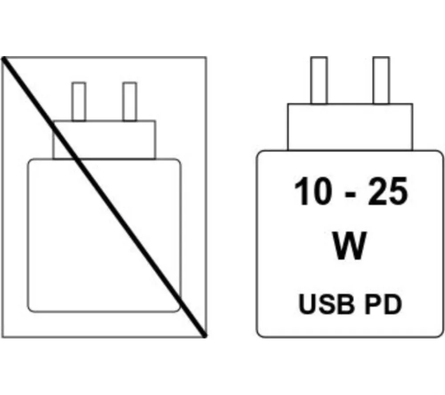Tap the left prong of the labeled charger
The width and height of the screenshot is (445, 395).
click(319, 80)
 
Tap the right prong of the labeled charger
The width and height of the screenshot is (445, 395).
click(381, 80)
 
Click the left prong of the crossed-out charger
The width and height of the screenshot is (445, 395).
click(79, 102)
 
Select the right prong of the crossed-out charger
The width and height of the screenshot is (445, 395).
click(129, 102)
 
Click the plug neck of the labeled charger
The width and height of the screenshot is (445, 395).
click(349, 127)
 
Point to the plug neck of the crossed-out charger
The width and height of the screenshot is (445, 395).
click(104, 139)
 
